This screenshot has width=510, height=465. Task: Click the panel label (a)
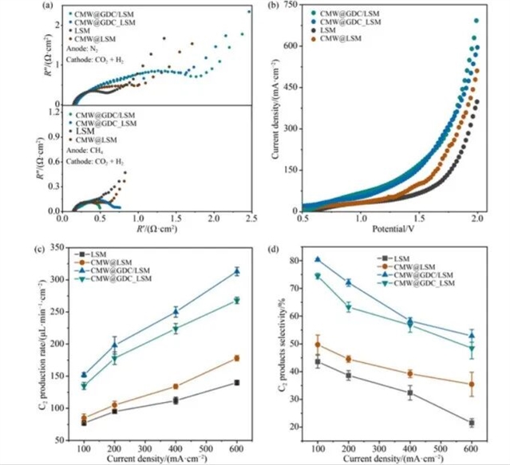(51, 6)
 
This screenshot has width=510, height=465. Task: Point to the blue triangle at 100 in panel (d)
(318, 259)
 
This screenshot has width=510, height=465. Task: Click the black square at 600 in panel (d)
(472, 423)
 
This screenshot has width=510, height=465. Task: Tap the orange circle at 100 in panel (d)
(318, 345)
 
